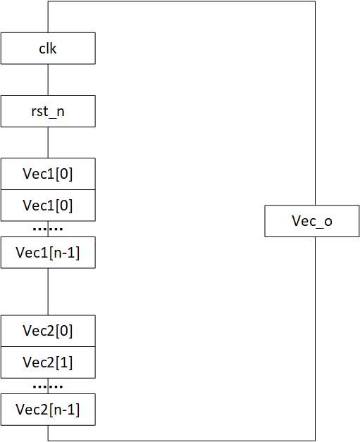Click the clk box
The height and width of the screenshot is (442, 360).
(48, 48)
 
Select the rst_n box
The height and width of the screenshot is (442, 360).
(48, 111)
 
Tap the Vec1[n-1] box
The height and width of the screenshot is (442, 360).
(48, 253)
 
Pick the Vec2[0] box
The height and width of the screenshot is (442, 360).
(48, 331)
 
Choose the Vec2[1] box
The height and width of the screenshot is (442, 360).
(48, 362)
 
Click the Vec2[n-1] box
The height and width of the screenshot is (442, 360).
(48, 410)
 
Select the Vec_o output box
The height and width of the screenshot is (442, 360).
(312, 221)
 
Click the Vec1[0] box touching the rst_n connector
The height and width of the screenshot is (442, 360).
(48, 174)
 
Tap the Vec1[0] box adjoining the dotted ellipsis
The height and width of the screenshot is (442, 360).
(48, 206)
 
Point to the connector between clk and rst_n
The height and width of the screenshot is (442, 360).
(48, 80)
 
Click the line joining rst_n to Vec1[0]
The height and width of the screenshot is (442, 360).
(48, 143)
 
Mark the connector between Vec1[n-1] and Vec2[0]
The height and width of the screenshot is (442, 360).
(48, 292)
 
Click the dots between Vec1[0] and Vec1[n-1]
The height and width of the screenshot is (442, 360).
(48, 229)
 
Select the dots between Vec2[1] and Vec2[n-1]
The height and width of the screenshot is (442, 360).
(48, 386)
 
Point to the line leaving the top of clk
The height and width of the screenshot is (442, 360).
(48, 17)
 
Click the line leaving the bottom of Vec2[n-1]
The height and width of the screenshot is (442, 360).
(48, 433)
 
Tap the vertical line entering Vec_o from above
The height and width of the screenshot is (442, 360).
(315, 103)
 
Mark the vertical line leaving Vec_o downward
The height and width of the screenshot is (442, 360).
(315, 339)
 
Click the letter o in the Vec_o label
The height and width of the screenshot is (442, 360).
(328, 222)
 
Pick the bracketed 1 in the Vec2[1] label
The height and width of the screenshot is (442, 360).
(64, 362)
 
